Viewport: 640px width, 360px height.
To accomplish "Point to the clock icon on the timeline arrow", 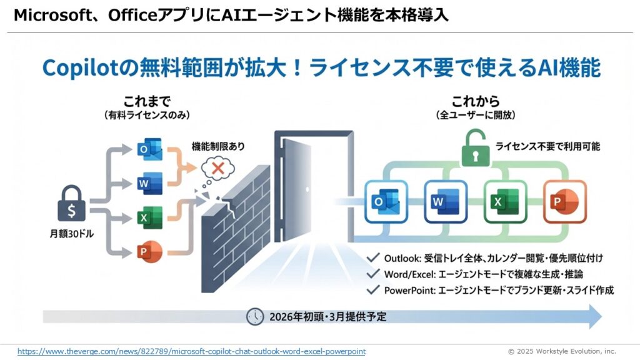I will click(255, 316).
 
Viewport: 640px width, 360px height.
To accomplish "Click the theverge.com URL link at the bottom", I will click(191, 351).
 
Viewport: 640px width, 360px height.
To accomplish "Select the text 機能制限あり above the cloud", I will click(218, 146).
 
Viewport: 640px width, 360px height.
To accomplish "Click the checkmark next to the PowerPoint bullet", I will click(373, 289).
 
